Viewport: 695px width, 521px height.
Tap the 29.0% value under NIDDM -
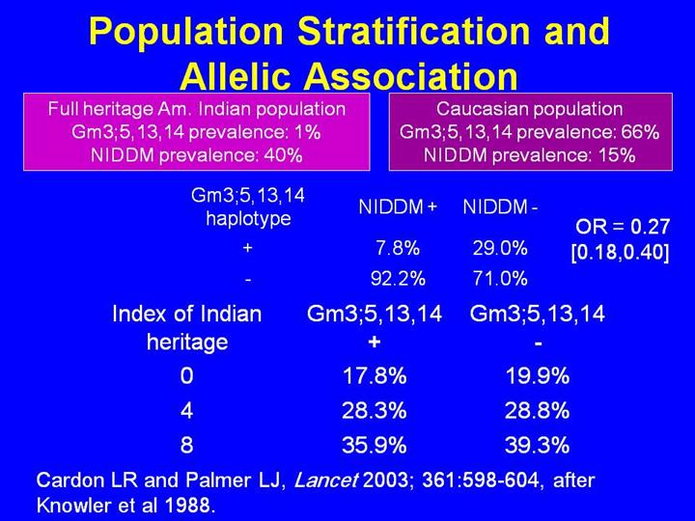pos(500,249)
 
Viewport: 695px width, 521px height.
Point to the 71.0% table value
pos(500,280)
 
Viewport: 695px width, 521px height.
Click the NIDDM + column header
pos(398,206)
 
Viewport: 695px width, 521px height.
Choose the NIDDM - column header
pos(500,206)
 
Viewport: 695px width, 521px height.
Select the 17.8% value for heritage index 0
pos(374,376)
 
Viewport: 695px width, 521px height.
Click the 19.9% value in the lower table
pos(537,376)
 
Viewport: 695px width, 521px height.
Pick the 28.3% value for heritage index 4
pos(374,411)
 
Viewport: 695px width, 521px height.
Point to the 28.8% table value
pos(537,411)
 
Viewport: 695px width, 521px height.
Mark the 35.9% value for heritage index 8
pos(374,446)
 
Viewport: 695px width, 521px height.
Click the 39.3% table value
pos(537,446)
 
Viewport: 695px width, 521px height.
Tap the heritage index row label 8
pos(185,446)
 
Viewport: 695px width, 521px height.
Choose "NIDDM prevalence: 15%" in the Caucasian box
pos(529,154)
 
